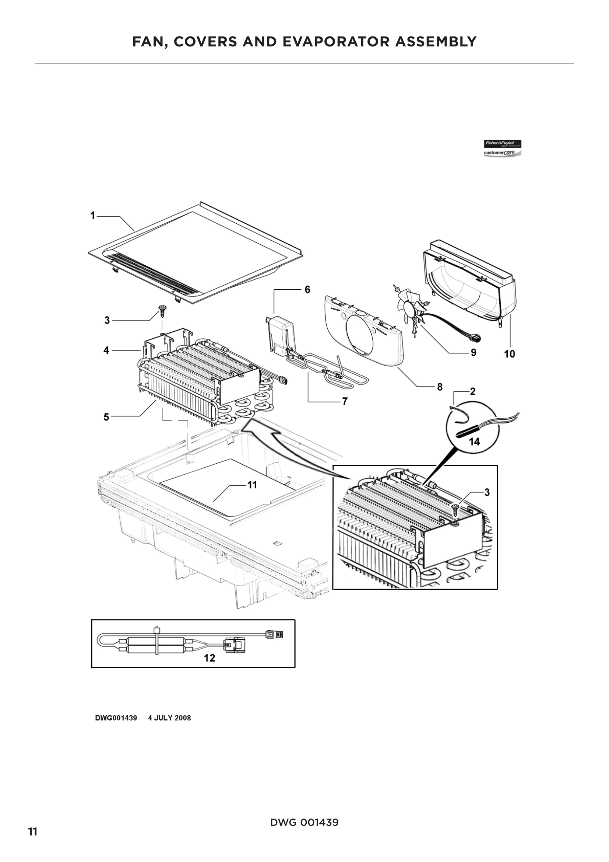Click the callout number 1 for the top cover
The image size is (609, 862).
(93, 216)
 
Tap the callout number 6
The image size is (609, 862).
(307, 289)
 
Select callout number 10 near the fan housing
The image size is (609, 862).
(509, 354)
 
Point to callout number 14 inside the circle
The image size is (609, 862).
(474, 442)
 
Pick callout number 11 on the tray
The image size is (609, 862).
(252, 485)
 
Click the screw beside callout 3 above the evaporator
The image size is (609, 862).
(163, 309)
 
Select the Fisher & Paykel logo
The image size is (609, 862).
(503, 148)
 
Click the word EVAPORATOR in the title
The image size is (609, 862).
(336, 42)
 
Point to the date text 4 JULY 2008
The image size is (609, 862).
(169, 718)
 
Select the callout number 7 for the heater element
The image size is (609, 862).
(344, 401)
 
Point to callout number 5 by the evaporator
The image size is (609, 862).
(106, 417)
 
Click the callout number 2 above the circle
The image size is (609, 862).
(472, 392)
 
